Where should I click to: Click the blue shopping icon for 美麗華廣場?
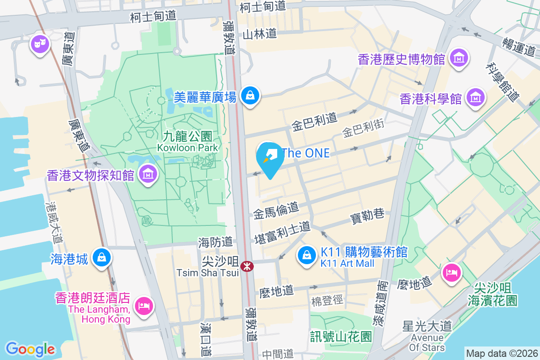(249, 95)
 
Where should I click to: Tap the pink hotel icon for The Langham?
(144, 306)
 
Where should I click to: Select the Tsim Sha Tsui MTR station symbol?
(247, 266)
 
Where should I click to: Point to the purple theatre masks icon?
(40, 44)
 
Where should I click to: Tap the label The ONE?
(306, 153)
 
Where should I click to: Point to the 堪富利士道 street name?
(282, 232)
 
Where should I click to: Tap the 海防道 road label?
(215, 243)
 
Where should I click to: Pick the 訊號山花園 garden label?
(341, 336)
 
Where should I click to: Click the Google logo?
(30, 349)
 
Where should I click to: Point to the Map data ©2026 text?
(501, 354)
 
